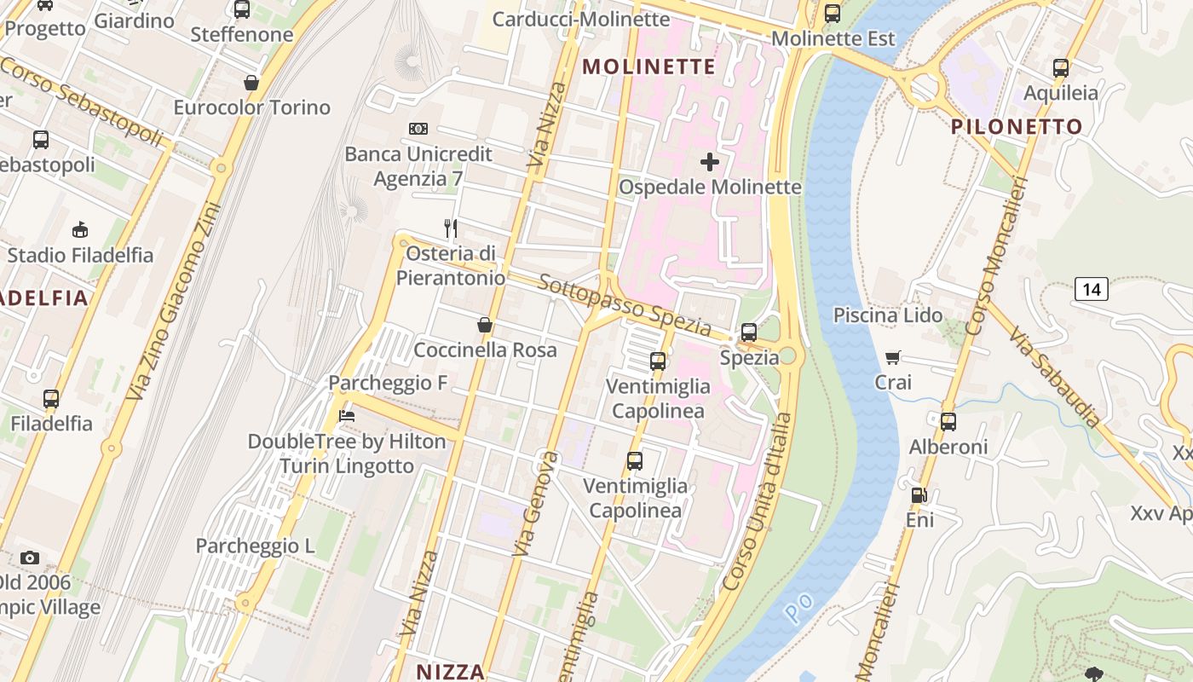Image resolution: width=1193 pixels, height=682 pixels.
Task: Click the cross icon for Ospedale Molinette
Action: pyautogui.click(x=709, y=161)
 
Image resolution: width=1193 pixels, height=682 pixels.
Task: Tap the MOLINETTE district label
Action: pyautogui.click(x=649, y=66)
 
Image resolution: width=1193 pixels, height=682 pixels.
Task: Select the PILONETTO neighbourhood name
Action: pyautogui.click(x=1017, y=127)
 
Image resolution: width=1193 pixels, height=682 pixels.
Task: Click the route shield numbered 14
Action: pyautogui.click(x=1091, y=290)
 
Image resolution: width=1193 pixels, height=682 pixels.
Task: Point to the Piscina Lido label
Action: pyautogui.click(x=888, y=315)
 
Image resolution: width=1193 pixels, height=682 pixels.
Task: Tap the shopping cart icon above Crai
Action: pyautogui.click(x=892, y=357)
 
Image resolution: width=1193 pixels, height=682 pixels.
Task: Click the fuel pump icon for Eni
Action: pyautogui.click(x=919, y=494)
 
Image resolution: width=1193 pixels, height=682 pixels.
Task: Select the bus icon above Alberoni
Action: pyautogui.click(x=948, y=421)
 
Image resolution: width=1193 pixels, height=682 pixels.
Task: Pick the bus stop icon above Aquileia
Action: pyautogui.click(x=1060, y=68)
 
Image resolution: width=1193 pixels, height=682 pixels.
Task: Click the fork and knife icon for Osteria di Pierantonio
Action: pyautogui.click(x=451, y=228)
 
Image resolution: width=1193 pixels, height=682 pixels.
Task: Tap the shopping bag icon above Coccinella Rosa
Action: pyautogui.click(x=485, y=325)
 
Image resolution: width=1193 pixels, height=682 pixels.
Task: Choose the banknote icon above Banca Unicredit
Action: pyautogui.click(x=418, y=129)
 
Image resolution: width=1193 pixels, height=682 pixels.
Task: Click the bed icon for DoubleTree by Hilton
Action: pyautogui.click(x=347, y=416)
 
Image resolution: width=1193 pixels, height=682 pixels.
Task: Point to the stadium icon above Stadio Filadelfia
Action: pyautogui.click(x=80, y=228)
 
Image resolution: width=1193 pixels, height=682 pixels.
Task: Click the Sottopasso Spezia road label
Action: pyautogui.click(x=625, y=306)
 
